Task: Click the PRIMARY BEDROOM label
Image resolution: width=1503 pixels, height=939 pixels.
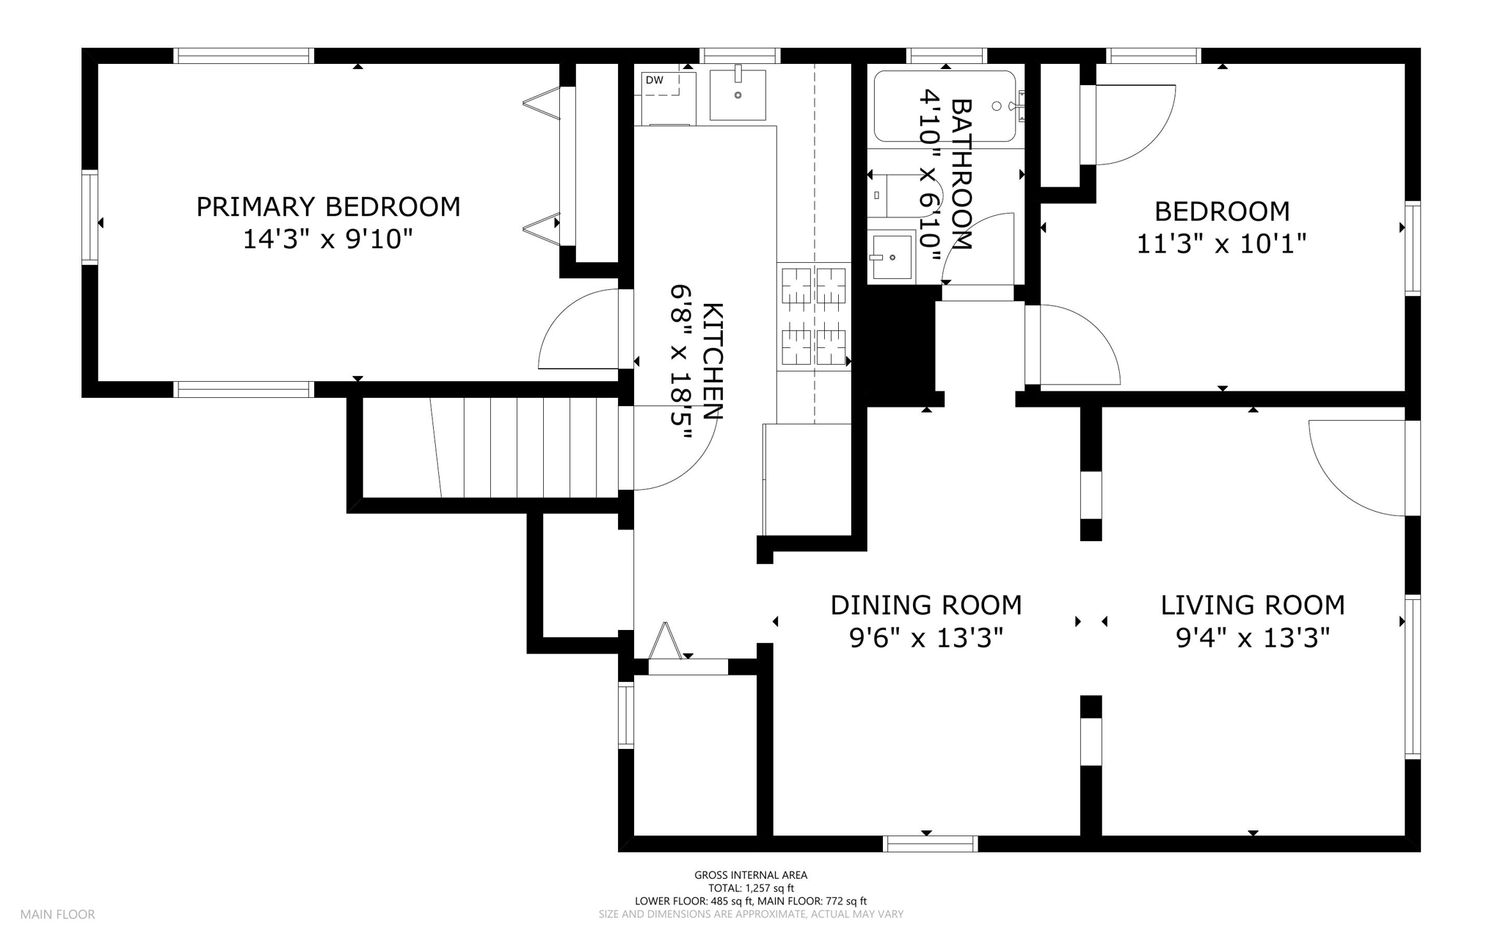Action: [328, 207]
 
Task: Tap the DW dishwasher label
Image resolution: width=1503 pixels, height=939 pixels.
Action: [654, 80]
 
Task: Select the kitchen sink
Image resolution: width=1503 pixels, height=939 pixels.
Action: [738, 95]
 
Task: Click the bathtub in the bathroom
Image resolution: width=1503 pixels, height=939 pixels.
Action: [945, 106]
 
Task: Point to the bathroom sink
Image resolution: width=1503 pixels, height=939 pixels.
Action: [891, 255]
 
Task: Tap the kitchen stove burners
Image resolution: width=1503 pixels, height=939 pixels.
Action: [814, 316]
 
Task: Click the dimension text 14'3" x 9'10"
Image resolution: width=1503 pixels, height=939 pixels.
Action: [328, 239]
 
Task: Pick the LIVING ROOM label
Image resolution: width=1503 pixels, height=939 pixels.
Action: [1253, 606]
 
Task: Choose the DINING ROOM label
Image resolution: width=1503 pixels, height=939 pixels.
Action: [926, 606]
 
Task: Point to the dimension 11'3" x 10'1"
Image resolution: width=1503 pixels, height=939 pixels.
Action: [1222, 244]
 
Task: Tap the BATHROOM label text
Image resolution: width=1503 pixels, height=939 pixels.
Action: [961, 174]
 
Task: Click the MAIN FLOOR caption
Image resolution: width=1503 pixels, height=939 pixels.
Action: [58, 915]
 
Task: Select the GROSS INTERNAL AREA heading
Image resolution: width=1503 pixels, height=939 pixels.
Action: [751, 875]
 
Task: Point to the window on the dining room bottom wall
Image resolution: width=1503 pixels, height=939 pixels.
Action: [931, 844]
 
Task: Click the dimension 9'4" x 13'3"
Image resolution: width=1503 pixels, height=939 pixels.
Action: [1253, 639]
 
